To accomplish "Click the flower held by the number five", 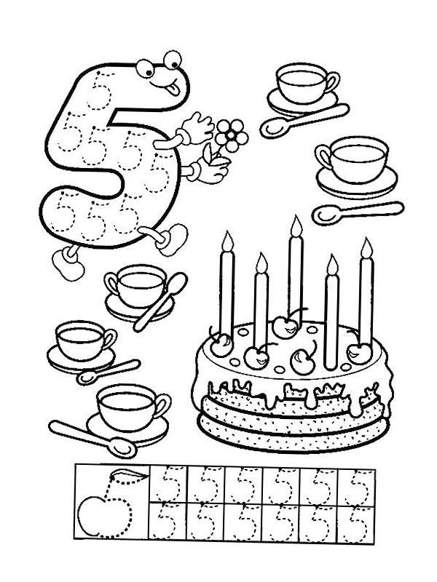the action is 231,135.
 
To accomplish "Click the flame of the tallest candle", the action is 296,226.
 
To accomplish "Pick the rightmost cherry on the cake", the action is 359,353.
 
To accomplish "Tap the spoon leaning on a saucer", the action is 160,301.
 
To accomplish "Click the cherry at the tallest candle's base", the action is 286,326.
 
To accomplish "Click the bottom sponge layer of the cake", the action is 294,432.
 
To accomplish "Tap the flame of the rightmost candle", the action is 366,248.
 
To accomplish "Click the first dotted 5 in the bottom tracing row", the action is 166,522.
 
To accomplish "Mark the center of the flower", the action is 232,135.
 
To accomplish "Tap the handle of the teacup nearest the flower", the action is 324,157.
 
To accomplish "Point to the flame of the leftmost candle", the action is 227,241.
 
